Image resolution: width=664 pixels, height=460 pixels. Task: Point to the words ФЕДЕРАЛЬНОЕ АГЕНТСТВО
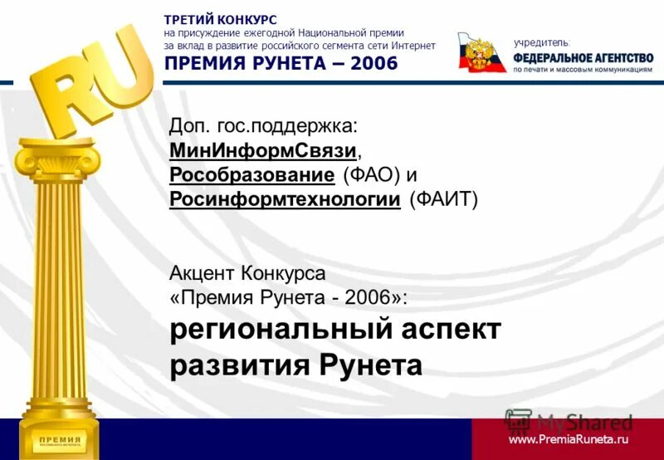[x=583, y=57]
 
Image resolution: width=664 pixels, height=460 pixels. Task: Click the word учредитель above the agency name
[x=542, y=42]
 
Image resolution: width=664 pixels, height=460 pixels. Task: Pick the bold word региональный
[x=278, y=330]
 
